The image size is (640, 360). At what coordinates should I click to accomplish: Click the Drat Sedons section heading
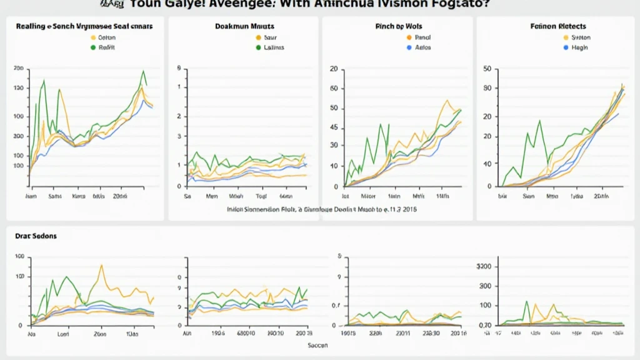pyautogui.click(x=36, y=236)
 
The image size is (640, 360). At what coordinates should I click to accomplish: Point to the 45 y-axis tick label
pyautogui.click(x=333, y=128)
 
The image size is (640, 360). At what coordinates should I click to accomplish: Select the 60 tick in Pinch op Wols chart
pyautogui.click(x=333, y=88)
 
